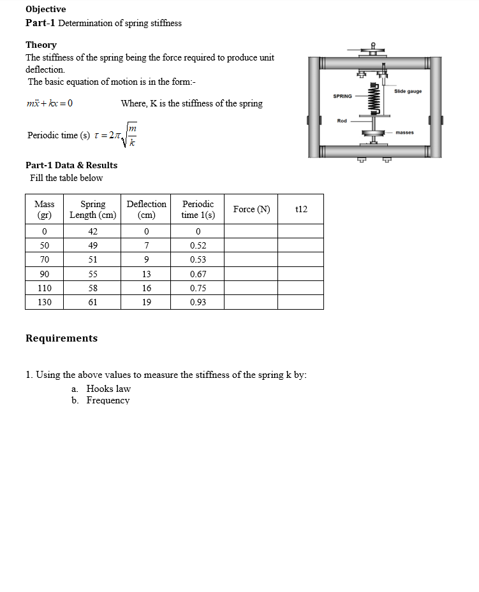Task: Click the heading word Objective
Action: point(45,9)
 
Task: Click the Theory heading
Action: point(41,45)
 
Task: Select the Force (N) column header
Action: point(251,209)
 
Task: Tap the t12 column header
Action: point(301,209)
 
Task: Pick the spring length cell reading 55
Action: point(92,274)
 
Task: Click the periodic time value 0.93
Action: point(198,302)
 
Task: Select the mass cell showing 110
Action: point(45,288)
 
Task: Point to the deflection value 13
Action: point(146,274)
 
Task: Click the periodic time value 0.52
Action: point(198,245)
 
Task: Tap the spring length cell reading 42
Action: point(92,231)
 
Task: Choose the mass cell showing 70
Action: point(45,259)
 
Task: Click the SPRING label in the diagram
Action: point(343,96)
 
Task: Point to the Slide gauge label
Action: point(408,91)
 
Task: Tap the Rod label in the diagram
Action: point(342,120)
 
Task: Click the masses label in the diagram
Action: point(404,133)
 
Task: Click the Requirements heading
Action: point(61,338)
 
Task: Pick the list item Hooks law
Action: point(108,388)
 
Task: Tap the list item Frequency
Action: point(108,400)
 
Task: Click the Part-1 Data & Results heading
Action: point(71,165)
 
